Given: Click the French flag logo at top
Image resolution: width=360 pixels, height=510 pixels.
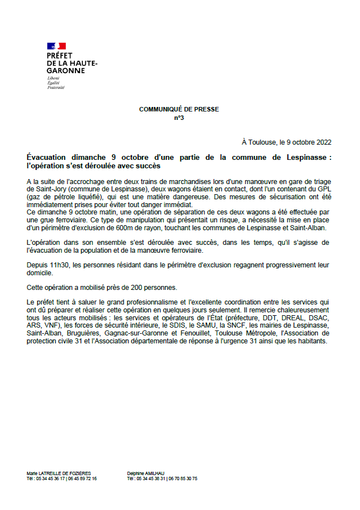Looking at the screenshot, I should click(56, 46).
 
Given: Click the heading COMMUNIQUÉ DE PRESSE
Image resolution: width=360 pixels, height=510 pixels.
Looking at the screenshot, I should click(179, 109).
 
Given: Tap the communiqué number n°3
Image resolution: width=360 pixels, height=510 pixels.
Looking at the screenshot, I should click(179, 118).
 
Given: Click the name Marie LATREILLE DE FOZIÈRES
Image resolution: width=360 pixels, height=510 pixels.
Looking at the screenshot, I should click(59, 473).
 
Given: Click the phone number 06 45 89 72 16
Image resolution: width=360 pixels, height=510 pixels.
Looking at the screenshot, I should click(83, 478).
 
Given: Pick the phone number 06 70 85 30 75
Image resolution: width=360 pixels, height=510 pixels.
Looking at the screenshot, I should click(184, 478).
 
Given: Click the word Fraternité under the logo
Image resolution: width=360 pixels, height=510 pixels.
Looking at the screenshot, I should click(56, 88).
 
